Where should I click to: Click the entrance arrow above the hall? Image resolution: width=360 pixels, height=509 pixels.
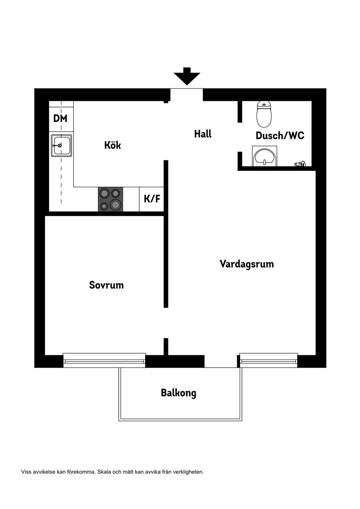(187, 76)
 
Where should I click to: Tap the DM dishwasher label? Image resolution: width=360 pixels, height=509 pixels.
(60, 118)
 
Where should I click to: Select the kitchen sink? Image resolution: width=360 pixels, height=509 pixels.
(61, 145)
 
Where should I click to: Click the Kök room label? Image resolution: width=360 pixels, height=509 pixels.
(112, 145)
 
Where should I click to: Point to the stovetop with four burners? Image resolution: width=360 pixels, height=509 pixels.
(111, 199)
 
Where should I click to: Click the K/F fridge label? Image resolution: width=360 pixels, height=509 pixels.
(152, 199)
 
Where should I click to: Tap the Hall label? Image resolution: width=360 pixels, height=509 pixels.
(203, 134)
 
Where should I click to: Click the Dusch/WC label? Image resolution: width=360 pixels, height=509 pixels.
(280, 135)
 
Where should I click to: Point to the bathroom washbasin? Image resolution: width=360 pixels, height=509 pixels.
(264, 157)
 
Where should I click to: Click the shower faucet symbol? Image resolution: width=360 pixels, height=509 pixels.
(300, 163)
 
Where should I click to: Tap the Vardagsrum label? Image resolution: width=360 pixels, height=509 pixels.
(246, 264)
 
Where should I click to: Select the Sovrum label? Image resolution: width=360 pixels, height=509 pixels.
(106, 285)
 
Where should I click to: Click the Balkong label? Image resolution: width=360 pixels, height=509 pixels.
(178, 393)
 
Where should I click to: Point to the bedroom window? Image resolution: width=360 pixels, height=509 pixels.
(104, 360)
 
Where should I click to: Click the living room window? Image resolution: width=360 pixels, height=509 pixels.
(268, 361)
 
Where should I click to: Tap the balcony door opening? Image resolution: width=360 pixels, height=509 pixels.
(221, 361)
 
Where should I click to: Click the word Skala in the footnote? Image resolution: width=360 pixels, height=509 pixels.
(103, 472)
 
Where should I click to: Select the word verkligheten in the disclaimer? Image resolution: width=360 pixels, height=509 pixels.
(188, 472)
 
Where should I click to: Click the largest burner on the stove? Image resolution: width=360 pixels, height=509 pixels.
(115, 204)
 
